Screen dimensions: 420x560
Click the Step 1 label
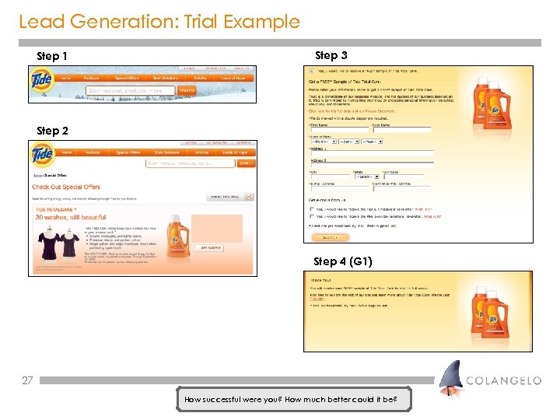pyautogui.click(x=52, y=57)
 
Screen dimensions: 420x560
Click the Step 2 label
pyautogui.click(x=52, y=131)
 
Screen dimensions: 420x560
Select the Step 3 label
pyautogui.click(x=331, y=55)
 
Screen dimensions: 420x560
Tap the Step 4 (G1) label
pyautogui.click(x=337, y=261)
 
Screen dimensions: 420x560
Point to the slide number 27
pyautogui.click(x=27, y=380)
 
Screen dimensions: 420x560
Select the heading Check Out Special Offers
pyautogui.click(x=66, y=187)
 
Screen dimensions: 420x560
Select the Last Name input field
pyautogui.click(x=401, y=130)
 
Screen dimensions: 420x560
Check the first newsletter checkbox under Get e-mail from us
pyautogui.click(x=313, y=208)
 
